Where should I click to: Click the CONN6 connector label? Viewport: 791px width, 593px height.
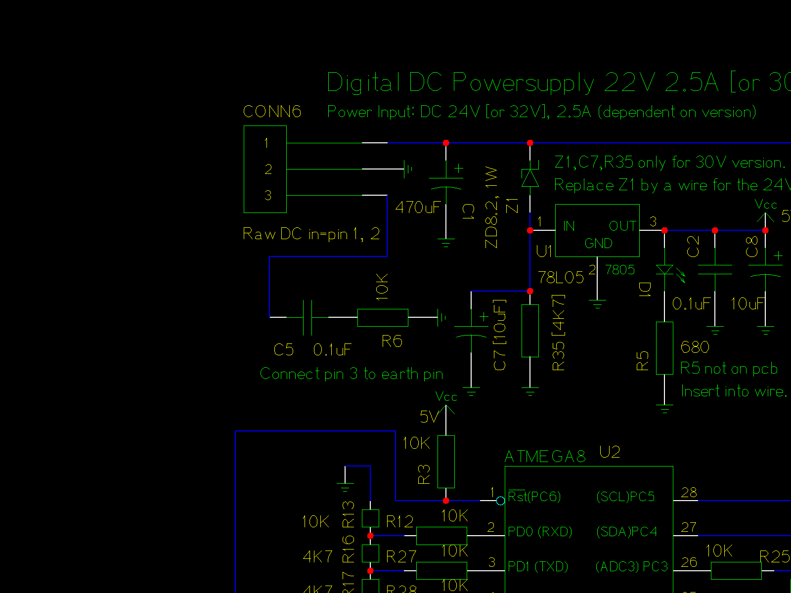(x=272, y=112)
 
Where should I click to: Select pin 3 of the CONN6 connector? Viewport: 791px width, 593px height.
(x=268, y=196)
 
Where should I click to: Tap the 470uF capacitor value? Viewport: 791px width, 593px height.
(x=418, y=207)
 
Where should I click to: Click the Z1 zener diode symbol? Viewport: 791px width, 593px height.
(x=530, y=177)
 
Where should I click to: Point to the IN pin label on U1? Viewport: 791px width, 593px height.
(x=569, y=226)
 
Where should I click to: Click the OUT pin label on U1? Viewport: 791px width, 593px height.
(x=622, y=226)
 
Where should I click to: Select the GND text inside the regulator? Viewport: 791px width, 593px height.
(x=598, y=244)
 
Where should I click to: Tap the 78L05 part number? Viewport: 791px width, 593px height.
(x=561, y=278)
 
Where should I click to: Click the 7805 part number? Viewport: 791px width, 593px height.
(x=620, y=270)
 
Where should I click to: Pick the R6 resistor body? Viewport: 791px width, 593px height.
(x=383, y=318)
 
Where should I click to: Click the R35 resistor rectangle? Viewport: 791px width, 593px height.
(x=530, y=331)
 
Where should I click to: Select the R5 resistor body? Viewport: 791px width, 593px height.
(x=664, y=348)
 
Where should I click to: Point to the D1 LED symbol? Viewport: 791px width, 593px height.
(x=665, y=270)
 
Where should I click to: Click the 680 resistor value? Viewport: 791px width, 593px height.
(x=695, y=347)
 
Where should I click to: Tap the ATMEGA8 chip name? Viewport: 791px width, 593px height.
(x=545, y=457)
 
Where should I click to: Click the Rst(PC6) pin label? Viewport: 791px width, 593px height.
(x=534, y=497)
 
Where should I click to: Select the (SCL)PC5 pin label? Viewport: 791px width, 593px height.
(x=625, y=497)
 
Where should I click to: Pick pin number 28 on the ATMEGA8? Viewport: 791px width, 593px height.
(x=689, y=493)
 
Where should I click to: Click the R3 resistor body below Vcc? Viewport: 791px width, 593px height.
(x=446, y=462)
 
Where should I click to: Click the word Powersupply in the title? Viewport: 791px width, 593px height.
(x=523, y=83)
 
